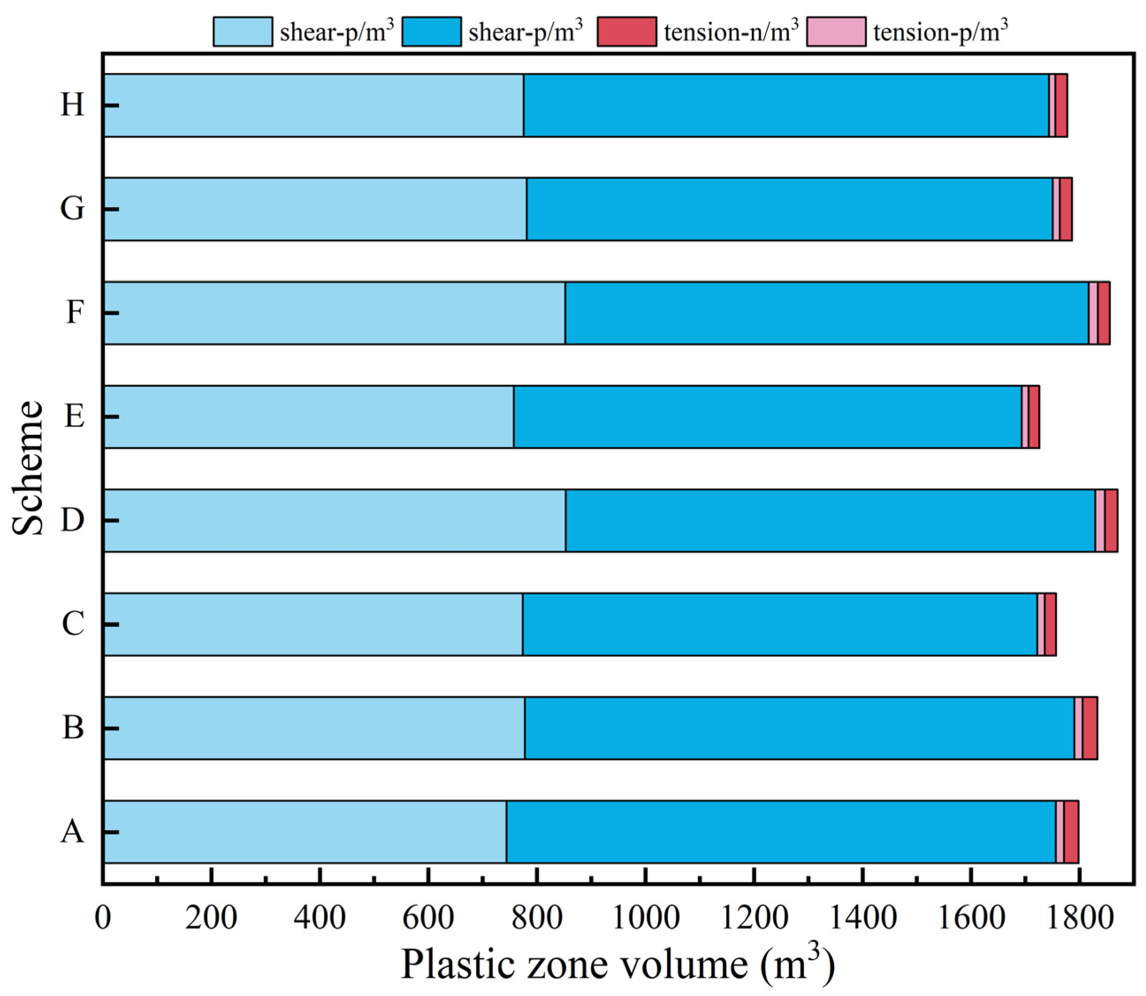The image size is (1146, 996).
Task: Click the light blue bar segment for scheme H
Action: [x=314, y=105]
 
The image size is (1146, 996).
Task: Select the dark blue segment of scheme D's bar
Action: [x=830, y=521]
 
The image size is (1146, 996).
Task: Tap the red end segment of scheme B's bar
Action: [x=1089, y=728]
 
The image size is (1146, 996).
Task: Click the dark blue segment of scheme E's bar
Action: [x=767, y=417]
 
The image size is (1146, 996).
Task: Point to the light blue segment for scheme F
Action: [x=334, y=313]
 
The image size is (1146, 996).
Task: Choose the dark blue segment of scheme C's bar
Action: [x=779, y=624]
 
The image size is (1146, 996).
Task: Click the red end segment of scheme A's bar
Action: [x=1071, y=832]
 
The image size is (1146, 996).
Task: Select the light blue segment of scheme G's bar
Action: [x=315, y=209]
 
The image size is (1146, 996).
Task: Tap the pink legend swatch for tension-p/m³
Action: [x=835, y=32]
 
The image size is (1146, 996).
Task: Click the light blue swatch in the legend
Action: [x=243, y=32]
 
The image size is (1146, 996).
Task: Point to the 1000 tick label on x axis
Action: [x=645, y=918]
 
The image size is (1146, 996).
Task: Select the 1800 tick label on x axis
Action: [x=1079, y=918]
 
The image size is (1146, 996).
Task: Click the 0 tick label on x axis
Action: [x=103, y=918]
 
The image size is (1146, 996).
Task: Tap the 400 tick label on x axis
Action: [x=320, y=918]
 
